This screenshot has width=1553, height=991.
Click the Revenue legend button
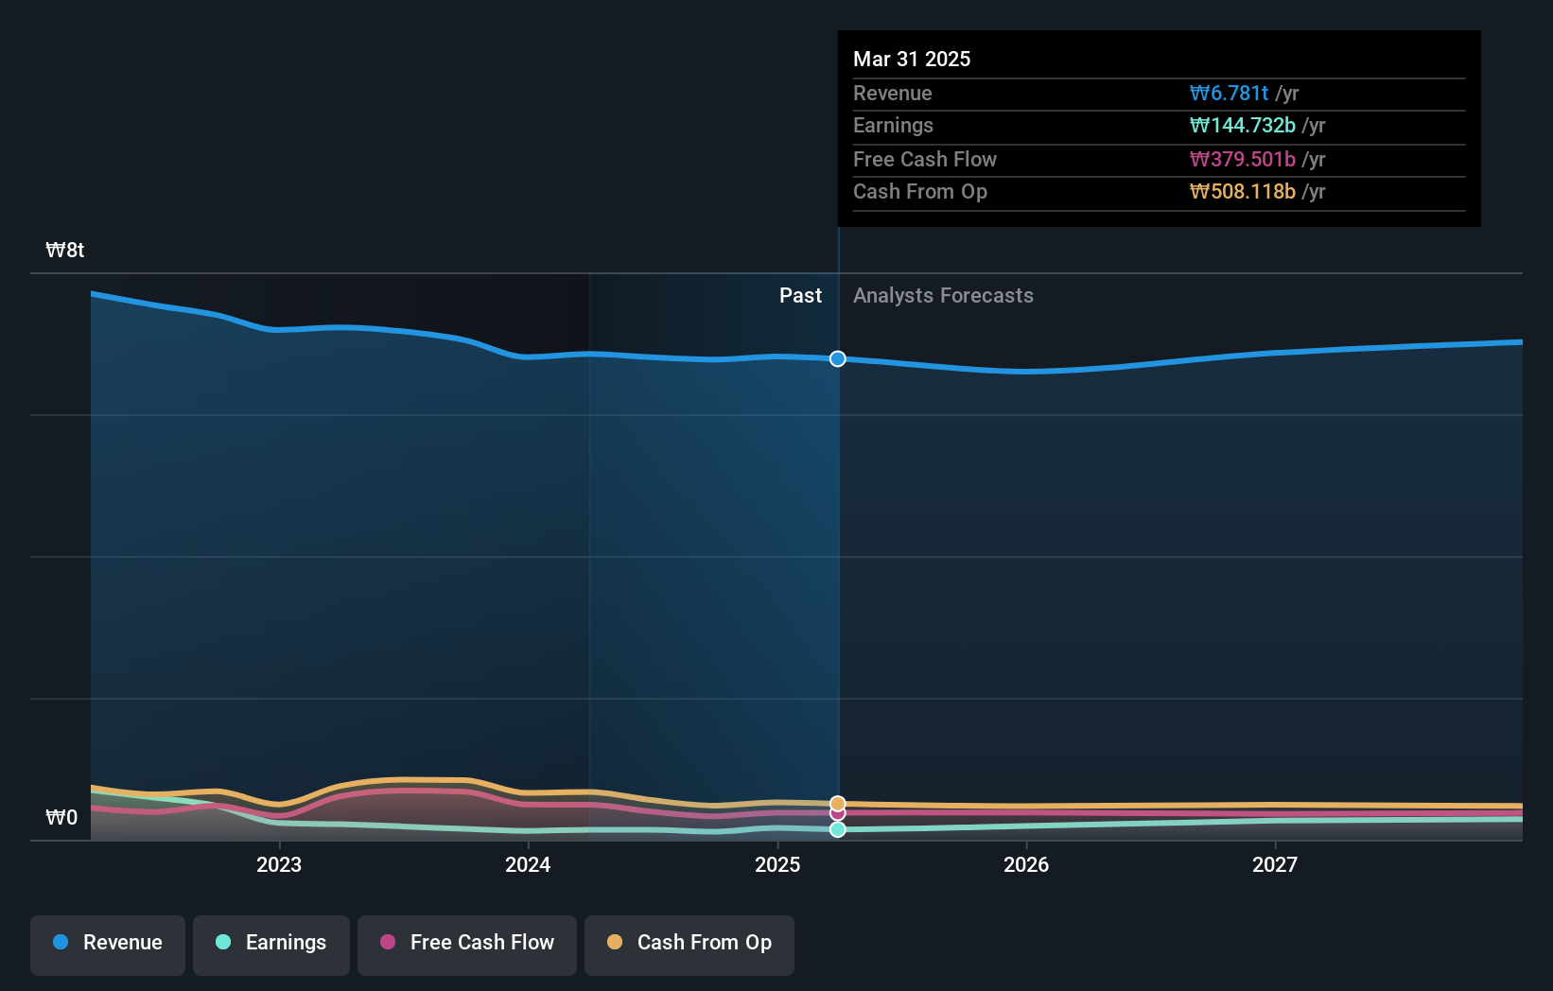click(108, 943)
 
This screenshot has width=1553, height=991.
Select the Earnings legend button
click(271, 943)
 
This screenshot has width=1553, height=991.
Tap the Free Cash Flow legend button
click(467, 943)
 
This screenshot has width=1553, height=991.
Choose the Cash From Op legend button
click(689, 943)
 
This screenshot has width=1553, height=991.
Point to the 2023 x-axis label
click(279, 864)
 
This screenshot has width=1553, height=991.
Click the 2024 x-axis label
click(528, 864)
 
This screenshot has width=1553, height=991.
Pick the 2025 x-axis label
click(777, 864)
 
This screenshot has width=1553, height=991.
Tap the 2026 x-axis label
click(1026, 864)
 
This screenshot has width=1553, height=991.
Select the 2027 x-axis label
click(1275, 864)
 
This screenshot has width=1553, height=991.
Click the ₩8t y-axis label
click(65, 251)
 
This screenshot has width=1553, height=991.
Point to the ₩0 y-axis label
click(61, 818)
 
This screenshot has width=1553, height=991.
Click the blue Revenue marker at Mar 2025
click(838, 358)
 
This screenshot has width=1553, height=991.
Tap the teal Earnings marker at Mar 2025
click(838, 829)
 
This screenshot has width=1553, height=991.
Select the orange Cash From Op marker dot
click(838, 803)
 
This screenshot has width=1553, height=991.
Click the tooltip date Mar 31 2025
click(912, 59)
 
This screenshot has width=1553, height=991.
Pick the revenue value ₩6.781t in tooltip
click(1229, 93)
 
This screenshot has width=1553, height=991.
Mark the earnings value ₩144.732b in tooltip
click(1242, 125)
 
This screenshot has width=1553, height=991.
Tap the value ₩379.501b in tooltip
click(1242, 159)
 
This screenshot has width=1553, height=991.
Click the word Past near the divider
click(800, 296)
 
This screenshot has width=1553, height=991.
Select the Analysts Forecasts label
click(943, 296)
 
